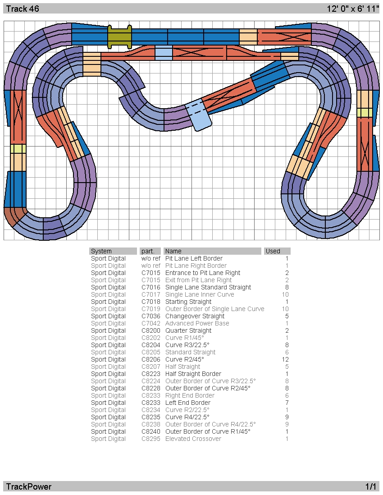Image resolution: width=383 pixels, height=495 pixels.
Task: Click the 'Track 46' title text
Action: pyautogui.click(x=23, y=9)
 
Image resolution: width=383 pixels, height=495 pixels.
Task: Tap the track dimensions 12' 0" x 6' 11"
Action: pyautogui.click(x=353, y=9)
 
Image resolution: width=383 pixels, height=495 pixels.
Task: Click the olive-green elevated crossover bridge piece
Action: pyautogui.click(x=119, y=37)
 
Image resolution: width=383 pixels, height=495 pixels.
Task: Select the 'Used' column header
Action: pyautogui.click(x=273, y=251)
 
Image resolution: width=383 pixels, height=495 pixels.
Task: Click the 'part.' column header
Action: pyautogui.click(x=148, y=251)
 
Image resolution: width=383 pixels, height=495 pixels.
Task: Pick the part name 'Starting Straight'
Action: pyautogui.click(x=188, y=302)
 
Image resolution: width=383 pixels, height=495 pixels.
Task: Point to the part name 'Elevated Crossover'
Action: pyautogui.click(x=193, y=439)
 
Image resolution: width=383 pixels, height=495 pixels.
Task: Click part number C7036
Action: pyautogui.click(x=151, y=316)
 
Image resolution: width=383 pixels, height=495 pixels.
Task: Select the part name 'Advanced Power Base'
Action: pyautogui.click(x=197, y=324)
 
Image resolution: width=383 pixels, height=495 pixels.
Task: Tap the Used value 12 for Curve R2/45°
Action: pyautogui.click(x=285, y=360)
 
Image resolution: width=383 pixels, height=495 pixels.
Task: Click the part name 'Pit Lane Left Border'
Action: pyautogui.click(x=194, y=259)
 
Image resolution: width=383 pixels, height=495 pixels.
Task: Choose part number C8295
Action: pyautogui.click(x=151, y=439)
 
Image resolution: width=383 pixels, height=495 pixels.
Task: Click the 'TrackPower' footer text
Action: pyautogui.click(x=29, y=487)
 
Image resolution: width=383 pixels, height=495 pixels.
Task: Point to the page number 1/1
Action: pyautogui.click(x=371, y=487)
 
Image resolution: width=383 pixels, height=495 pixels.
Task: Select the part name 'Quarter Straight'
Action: pyautogui.click(x=188, y=331)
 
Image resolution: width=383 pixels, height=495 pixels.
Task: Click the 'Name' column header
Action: pyautogui.click(x=173, y=251)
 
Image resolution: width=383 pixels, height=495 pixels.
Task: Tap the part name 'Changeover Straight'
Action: pyautogui.click(x=195, y=316)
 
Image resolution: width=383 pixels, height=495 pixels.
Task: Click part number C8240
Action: pyautogui.click(x=151, y=431)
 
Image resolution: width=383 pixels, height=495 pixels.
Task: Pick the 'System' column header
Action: pyautogui.click(x=101, y=251)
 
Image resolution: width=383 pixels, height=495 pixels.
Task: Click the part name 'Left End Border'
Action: pyautogui.click(x=188, y=403)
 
